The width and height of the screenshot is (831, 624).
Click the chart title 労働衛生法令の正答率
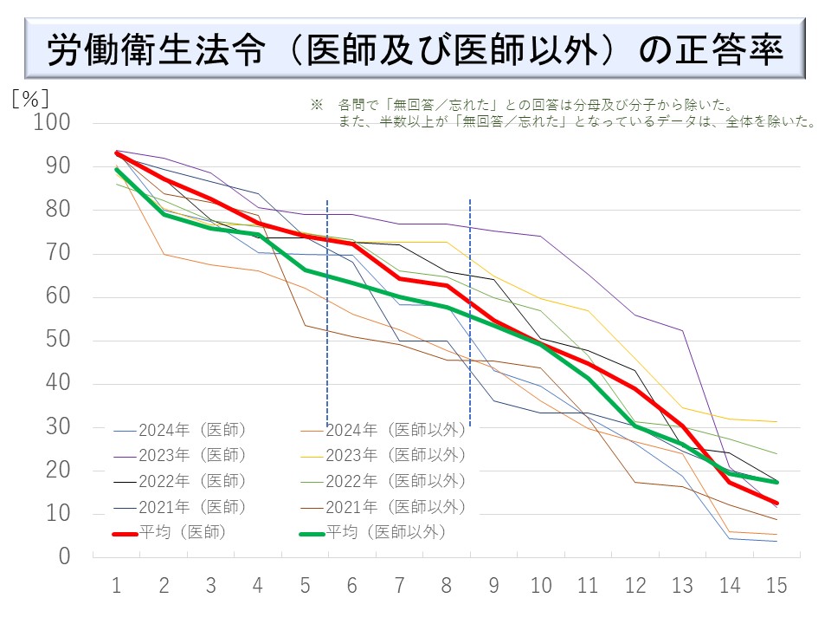pyautogui.click(x=415, y=49)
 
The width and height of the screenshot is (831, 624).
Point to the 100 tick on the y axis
pyautogui.click(x=51, y=123)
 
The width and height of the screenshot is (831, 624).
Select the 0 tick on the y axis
pyautogui.click(x=63, y=557)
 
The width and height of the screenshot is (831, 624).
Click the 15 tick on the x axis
pyautogui.click(x=776, y=587)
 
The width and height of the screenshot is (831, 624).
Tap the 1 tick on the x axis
pyautogui.click(x=116, y=587)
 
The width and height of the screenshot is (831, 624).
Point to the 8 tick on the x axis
pyautogui.click(x=447, y=587)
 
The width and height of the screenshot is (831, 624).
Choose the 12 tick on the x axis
pyautogui.click(x=635, y=587)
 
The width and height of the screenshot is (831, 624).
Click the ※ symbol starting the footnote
pyautogui.click(x=316, y=105)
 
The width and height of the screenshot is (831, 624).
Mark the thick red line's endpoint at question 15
pyautogui.click(x=776, y=503)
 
